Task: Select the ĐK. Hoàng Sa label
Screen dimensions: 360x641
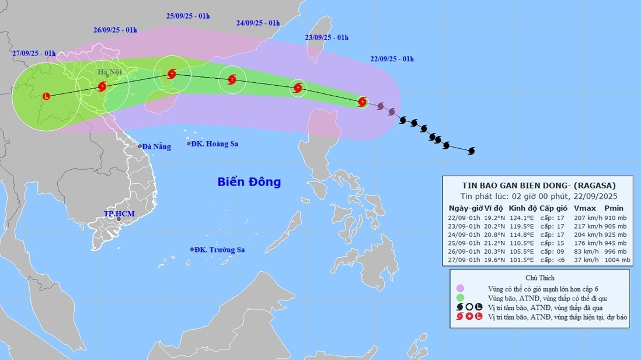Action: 215,144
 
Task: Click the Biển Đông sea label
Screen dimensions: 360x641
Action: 249,181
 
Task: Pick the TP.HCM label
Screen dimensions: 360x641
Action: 119,214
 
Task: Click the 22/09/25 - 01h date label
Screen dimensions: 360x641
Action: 392,59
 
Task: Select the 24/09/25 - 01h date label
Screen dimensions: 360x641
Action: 258,23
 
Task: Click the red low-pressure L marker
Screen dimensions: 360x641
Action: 47,96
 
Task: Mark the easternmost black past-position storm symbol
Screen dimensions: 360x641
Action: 471,151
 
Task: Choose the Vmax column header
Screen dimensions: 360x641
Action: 584,208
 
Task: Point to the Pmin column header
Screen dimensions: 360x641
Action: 614,208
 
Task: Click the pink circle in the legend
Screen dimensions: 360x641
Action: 461,288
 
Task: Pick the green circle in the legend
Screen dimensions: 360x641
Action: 461,298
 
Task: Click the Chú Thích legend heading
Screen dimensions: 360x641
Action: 539,278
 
